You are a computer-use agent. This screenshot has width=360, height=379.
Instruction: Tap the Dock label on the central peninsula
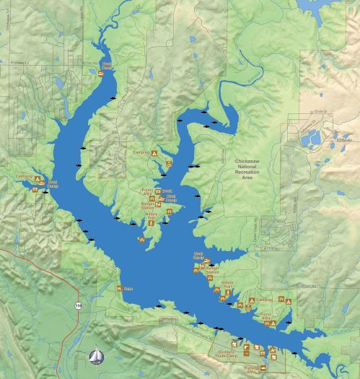pos(167,191)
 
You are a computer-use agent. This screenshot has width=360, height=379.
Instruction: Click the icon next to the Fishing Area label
pos(263,370)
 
